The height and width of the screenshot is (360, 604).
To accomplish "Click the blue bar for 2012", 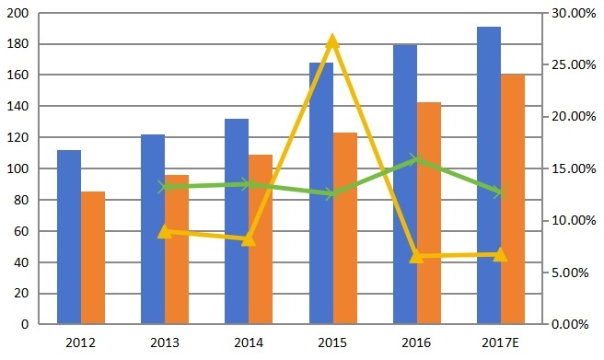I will [69, 237].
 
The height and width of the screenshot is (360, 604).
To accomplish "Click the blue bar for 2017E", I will [489, 175].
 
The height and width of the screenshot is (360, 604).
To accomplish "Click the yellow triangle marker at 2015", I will [332, 41].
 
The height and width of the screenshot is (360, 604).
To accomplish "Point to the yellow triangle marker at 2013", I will [165, 231].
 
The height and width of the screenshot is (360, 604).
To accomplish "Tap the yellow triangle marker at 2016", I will [416, 256].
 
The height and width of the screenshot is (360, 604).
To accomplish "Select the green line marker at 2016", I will [416, 159].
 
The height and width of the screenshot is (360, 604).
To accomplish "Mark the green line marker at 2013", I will [165, 187].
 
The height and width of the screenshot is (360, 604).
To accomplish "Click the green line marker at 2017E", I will [500, 192].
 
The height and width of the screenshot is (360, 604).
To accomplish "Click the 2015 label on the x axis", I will [332, 343].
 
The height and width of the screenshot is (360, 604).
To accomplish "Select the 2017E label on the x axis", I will [500, 343].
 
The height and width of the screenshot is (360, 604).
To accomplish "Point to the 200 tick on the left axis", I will [18, 14].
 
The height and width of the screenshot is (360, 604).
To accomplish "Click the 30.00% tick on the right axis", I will [572, 14].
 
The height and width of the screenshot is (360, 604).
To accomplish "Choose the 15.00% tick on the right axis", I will [572, 169].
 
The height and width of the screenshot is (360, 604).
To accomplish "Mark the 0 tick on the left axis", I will [27, 325].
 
